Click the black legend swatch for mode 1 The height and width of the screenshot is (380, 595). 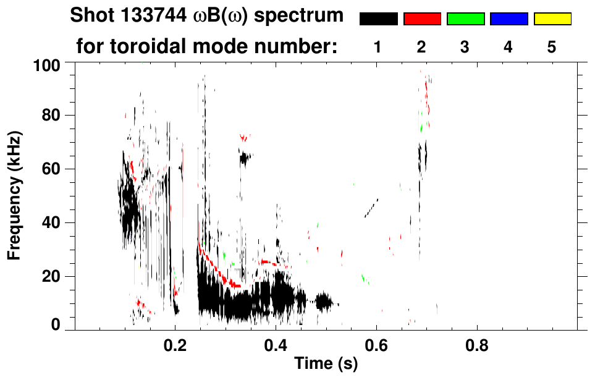tap(378, 19)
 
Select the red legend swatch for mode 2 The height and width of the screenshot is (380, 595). tap(422, 19)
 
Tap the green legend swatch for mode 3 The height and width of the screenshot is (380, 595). tap(465, 19)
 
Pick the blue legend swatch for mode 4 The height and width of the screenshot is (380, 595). tap(508, 19)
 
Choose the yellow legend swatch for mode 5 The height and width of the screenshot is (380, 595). tap(552, 19)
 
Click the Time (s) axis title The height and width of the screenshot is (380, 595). tap(325, 364)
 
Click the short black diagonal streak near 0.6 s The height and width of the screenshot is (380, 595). tap(371, 208)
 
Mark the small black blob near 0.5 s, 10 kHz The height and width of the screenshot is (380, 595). tap(323, 302)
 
